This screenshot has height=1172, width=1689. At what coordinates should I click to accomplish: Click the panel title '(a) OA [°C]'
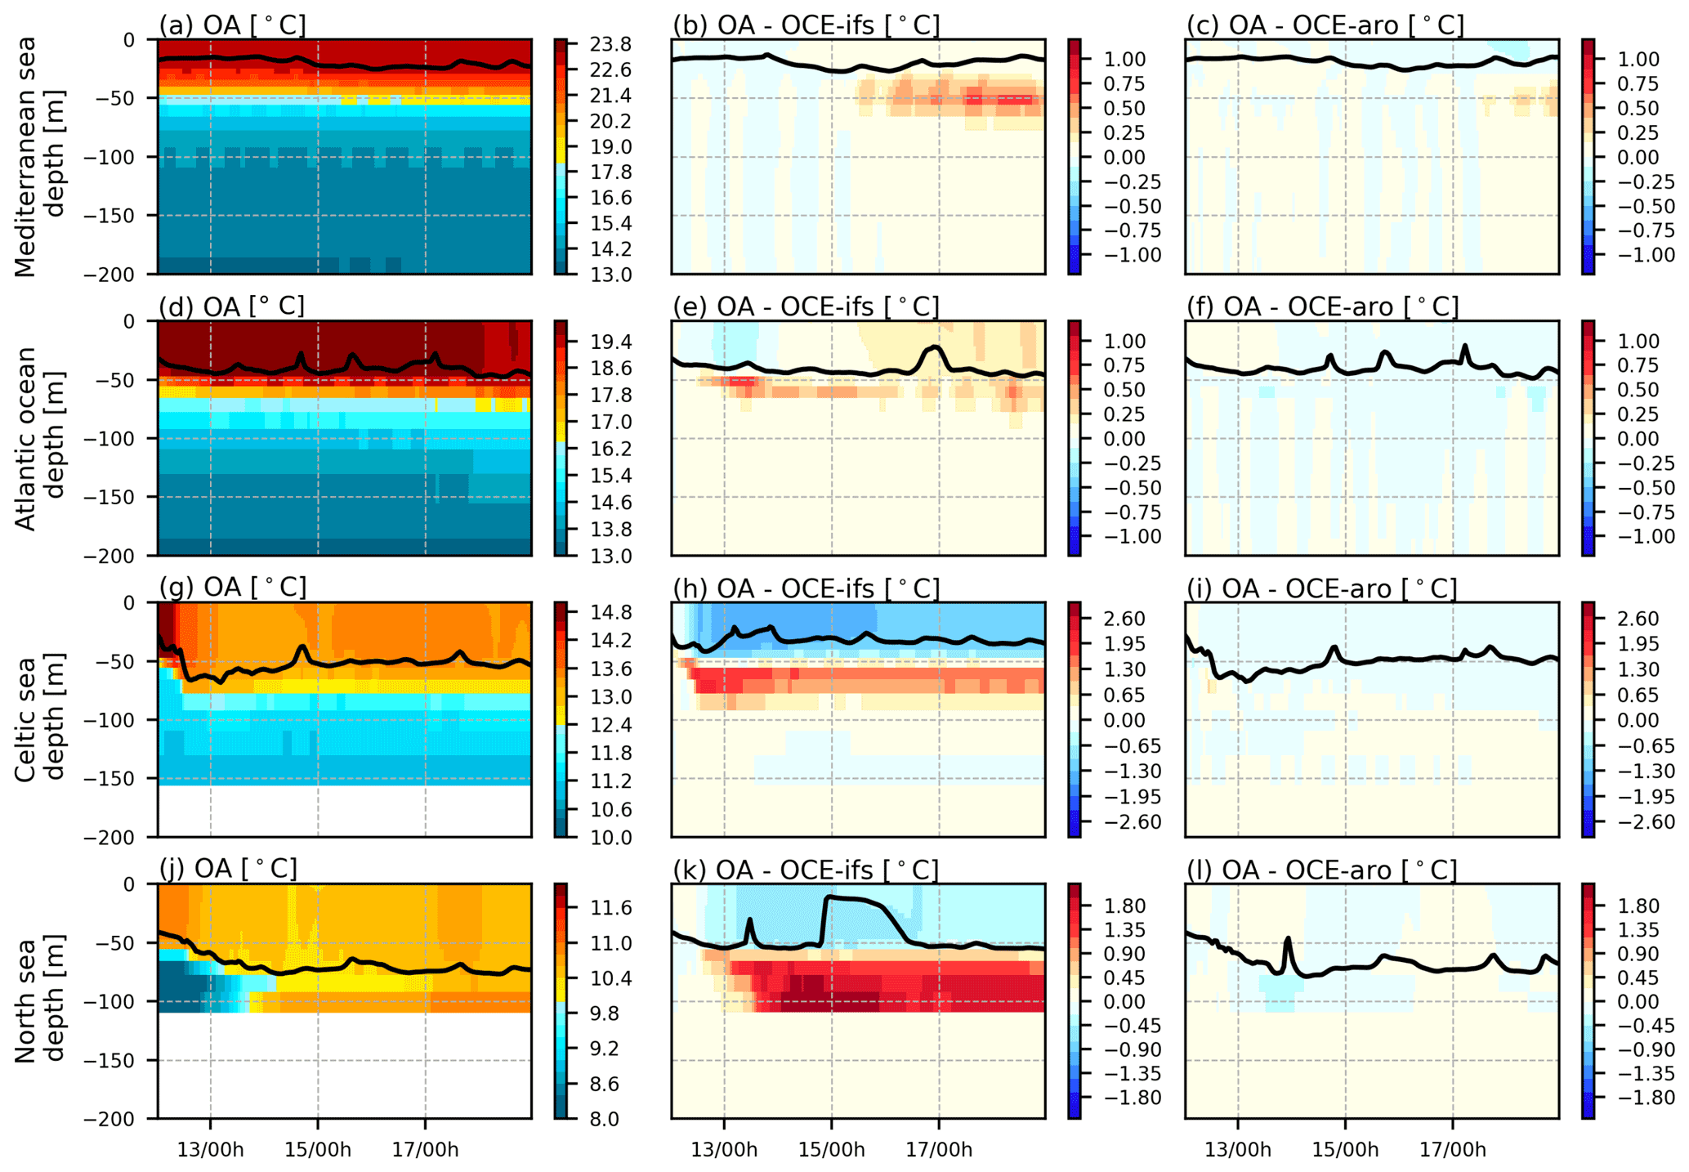tap(233, 25)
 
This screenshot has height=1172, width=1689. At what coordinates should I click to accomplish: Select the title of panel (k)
tap(805, 870)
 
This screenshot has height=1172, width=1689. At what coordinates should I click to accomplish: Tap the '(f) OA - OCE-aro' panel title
tap(1321, 306)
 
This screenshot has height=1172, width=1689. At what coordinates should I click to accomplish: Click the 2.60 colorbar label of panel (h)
tap(1124, 619)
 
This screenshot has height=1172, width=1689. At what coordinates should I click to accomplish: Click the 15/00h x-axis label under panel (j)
tap(318, 1150)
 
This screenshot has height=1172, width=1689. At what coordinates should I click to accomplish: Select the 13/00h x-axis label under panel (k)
tap(724, 1150)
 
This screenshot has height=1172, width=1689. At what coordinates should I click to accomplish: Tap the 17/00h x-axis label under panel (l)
tap(1453, 1150)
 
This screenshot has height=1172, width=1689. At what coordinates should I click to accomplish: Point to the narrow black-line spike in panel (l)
tap(1288, 940)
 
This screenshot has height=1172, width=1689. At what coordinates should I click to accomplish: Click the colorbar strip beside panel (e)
tap(1074, 438)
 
